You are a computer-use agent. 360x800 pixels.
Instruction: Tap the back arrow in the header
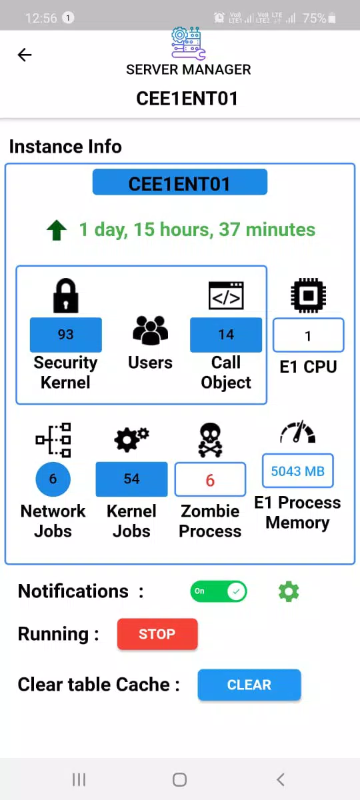pos(25,55)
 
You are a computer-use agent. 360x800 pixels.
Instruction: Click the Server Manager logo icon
pos(188,43)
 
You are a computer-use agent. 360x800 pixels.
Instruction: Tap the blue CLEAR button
pos(249,684)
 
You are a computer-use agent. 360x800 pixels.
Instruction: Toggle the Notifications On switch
pos(219,591)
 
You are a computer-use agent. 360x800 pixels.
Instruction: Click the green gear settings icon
pos(289,591)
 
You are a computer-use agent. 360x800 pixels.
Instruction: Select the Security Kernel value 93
pos(66,335)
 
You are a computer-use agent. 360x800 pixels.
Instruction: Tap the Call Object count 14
pos(226,335)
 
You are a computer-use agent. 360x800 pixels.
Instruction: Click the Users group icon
pos(151,331)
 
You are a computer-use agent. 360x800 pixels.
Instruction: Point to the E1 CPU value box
pos(309,335)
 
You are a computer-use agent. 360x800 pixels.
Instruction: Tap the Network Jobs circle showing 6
pos(53,479)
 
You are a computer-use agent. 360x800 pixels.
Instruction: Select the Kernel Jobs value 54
pos(131,479)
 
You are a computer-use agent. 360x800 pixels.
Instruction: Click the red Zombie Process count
pos(210,479)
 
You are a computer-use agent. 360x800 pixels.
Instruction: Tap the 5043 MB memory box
pos(298,471)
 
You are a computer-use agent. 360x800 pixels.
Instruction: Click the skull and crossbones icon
pos(210,440)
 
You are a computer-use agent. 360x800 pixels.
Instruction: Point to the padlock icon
pos(66,296)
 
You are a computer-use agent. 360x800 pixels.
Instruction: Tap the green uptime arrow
pos(57,231)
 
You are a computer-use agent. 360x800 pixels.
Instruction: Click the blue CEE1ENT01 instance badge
pos(179,182)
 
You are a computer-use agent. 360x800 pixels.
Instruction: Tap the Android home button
pos(179,779)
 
